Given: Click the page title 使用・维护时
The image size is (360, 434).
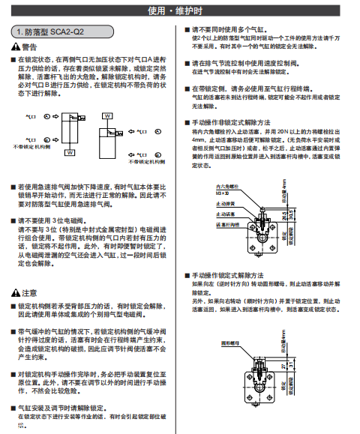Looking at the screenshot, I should [x=180, y=10].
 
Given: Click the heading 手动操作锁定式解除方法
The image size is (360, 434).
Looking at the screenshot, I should [x=229, y=275].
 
